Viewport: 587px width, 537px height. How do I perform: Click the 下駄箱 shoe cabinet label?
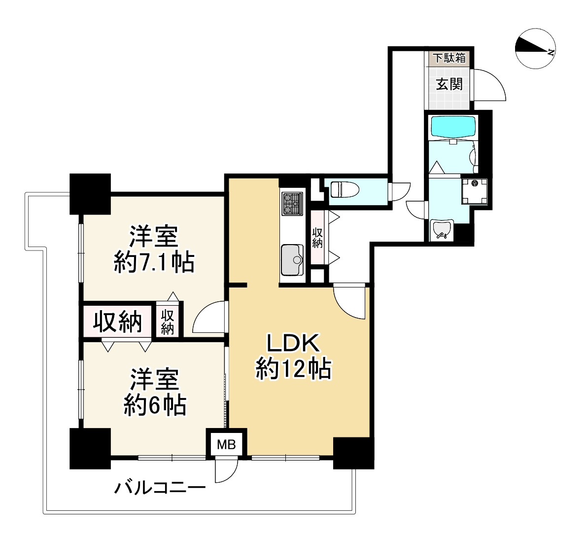449,58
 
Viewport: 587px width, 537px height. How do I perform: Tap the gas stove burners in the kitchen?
291,204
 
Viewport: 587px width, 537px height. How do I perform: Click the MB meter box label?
227,445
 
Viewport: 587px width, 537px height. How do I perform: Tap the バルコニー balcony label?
160,489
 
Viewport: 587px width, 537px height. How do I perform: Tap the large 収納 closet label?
118,322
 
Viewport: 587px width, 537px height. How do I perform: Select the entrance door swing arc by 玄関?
489,85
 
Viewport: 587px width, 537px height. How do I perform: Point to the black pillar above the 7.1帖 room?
90,193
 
